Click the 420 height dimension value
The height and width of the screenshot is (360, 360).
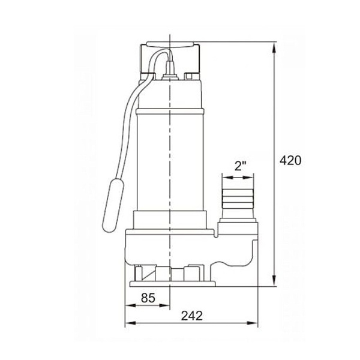click(290, 160)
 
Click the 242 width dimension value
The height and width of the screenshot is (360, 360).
click(192, 316)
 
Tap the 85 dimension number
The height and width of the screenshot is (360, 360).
click(148, 298)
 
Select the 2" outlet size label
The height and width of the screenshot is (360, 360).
click(240, 166)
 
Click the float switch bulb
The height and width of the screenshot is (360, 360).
click(113, 205)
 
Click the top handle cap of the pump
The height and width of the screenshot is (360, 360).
click(170, 44)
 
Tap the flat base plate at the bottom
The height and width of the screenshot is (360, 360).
click(172, 284)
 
